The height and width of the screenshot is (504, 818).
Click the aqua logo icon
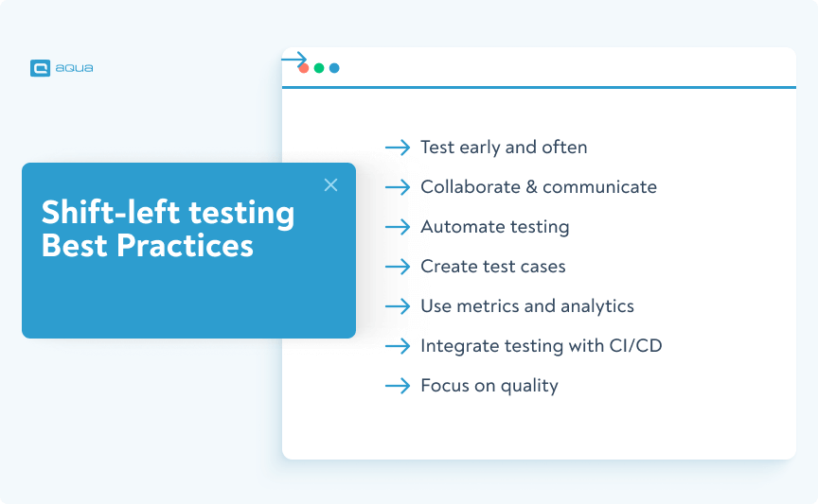click(x=40, y=68)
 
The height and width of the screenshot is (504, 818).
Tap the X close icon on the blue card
click(x=330, y=185)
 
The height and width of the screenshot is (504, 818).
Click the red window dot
click(x=304, y=68)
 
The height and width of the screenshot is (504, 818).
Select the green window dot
click(x=319, y=68)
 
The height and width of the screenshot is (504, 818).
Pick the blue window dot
click(x=334, y=68)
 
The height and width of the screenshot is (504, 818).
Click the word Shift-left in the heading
click(x=100, y=213)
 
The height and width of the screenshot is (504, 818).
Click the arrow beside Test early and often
click(x=398, y=148)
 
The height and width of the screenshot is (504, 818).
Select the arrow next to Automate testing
click(x=398, y=227)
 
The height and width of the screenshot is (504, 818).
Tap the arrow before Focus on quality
click(x=398, y=386)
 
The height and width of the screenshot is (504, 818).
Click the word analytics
click(x=596, y=306)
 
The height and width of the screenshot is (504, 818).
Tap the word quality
click(x=529, y=386)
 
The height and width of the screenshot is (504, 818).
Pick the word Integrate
click(x=457, y=346)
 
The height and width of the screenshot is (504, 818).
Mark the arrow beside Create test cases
click(x=398, y=267)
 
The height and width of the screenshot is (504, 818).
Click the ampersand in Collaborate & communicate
click(x=533, y=187)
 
